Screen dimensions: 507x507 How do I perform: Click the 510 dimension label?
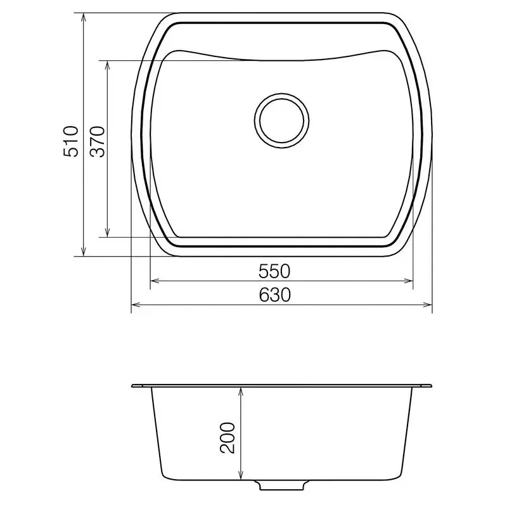tap(71, 141)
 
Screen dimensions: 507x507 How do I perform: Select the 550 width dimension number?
tap(274, 271)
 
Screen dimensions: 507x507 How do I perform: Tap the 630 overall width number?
tap(274, 295)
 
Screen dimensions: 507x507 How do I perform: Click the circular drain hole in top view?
tap(283, 120)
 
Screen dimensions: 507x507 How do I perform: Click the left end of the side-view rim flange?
tap(132, 386)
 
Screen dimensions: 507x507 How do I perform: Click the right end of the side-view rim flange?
tap(432, 385)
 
